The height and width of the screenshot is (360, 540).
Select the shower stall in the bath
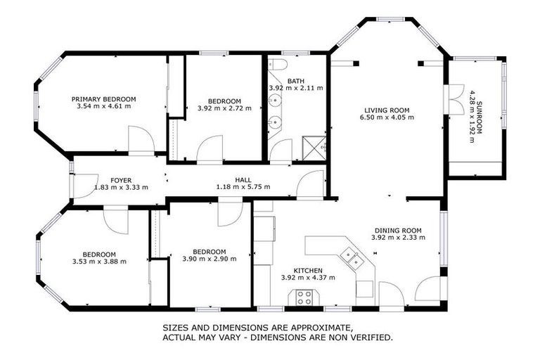click(x=314, y=147)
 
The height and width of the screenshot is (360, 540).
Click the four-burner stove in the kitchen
click(x=304, y=297)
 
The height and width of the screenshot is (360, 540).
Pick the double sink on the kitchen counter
click(x=353, y=259)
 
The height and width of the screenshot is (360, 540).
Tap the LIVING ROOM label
click(x=386, y=110)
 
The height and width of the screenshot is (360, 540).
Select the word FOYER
click(x=121, y=181)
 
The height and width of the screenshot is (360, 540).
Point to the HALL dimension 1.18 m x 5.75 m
click(x=243, y=187)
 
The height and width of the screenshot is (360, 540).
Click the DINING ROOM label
click(x=397, y=230)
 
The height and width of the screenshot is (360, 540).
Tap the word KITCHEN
click(x=308, y=270)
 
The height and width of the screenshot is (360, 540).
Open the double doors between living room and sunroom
click(x=452, y=97)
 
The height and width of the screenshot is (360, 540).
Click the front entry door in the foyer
click(x=83, y=185)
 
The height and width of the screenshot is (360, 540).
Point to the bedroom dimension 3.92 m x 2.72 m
click(x=224, y=108)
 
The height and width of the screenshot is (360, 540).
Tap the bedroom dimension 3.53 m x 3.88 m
click(x=99, y=262)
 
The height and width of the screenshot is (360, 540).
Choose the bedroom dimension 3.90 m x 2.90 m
click(x=209, y=259)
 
